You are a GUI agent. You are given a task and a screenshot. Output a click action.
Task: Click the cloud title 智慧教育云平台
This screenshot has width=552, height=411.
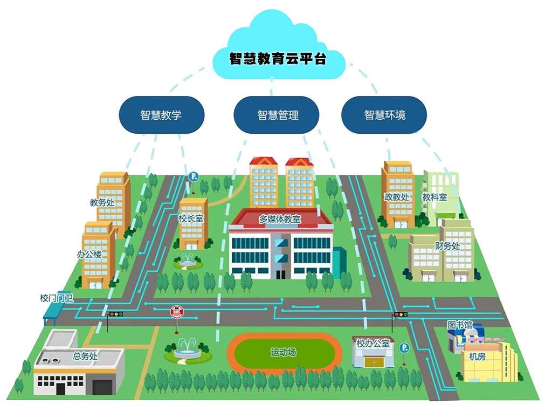278,58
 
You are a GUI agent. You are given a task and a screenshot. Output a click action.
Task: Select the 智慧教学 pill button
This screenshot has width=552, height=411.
161,115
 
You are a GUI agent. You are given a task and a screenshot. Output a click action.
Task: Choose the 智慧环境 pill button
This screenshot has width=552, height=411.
384,115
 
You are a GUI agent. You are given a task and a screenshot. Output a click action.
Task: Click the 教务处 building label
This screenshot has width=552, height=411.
102,203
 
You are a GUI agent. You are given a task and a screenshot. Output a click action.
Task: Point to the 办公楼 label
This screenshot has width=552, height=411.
89,254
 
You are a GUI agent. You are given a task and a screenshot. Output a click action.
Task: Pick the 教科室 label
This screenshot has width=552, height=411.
434,197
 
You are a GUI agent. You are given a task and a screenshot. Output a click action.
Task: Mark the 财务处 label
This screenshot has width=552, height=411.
447,246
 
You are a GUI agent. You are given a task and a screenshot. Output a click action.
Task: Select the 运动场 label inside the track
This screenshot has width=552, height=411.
284,353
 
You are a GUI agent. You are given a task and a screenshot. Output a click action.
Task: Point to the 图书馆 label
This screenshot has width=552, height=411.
460,325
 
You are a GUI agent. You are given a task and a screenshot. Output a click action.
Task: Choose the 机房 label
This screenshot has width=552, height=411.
477,357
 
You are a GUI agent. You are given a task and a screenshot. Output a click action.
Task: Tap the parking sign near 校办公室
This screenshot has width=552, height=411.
404,348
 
